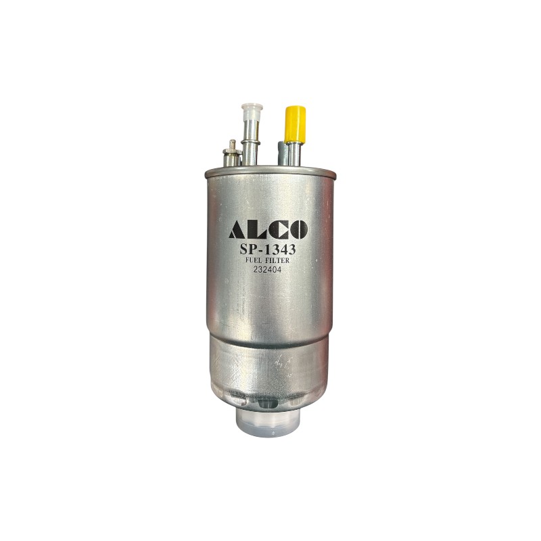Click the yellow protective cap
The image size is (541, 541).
click(x=295, y=124)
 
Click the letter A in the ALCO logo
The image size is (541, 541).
click(x=238, y=229)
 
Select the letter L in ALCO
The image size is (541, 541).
click(x=257, y=230)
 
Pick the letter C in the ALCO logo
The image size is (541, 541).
click(x=276, y=230)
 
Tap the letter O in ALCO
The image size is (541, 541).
click(x=297, y=230)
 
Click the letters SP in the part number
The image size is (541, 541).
click(x=248, y=249)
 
